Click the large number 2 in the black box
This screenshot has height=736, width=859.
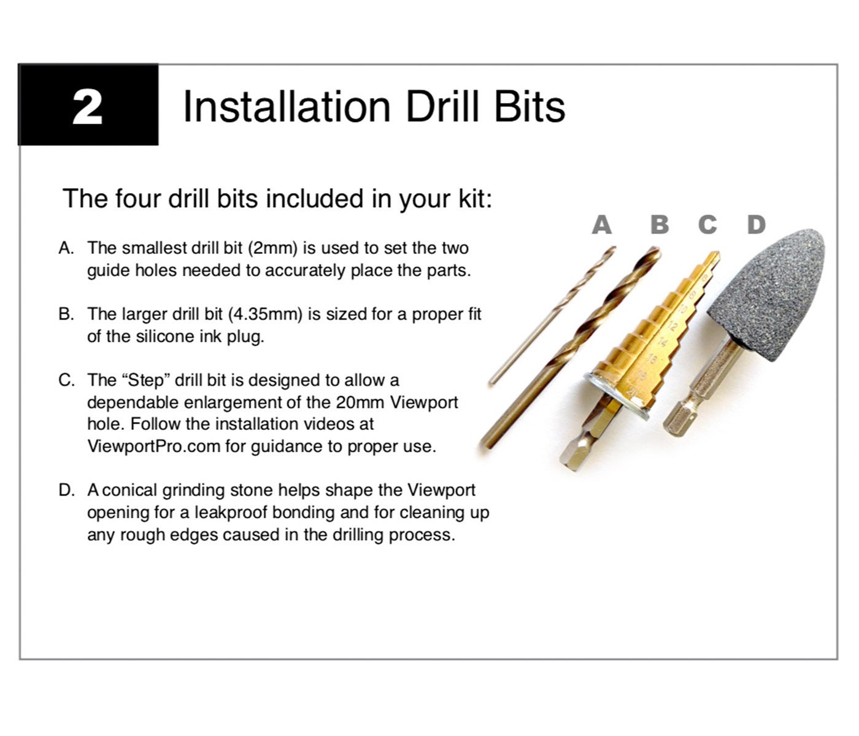[x=87, y=107]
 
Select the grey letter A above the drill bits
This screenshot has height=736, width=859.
[x=601, y=224]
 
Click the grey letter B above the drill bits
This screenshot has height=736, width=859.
[x=660, y=224]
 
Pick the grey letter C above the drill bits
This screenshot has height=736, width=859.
[x=707, y=224]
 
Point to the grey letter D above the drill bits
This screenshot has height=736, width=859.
[x=757, y=224]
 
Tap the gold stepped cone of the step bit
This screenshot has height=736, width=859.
[x=657, y=332]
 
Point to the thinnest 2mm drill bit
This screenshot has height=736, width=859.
[x=552, y=316]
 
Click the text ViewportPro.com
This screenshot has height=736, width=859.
[x=154, y=447]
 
